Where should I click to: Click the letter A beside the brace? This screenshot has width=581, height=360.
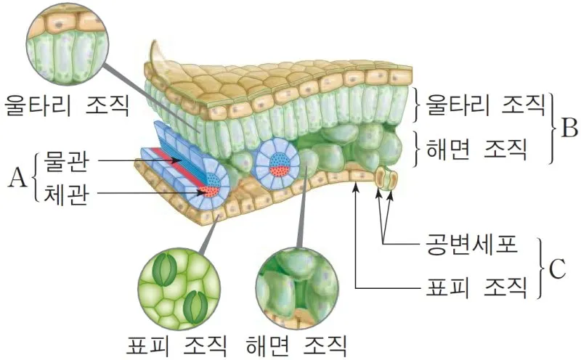pyautogui.click(x=17, y=176)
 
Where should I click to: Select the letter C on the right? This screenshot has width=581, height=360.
pyautogui.click(x=556, y=269)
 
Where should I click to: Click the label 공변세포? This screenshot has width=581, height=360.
pyautogui.click(x=471, y=246)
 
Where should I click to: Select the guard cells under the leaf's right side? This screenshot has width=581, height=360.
pyautogui.click(x=386, y=179)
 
